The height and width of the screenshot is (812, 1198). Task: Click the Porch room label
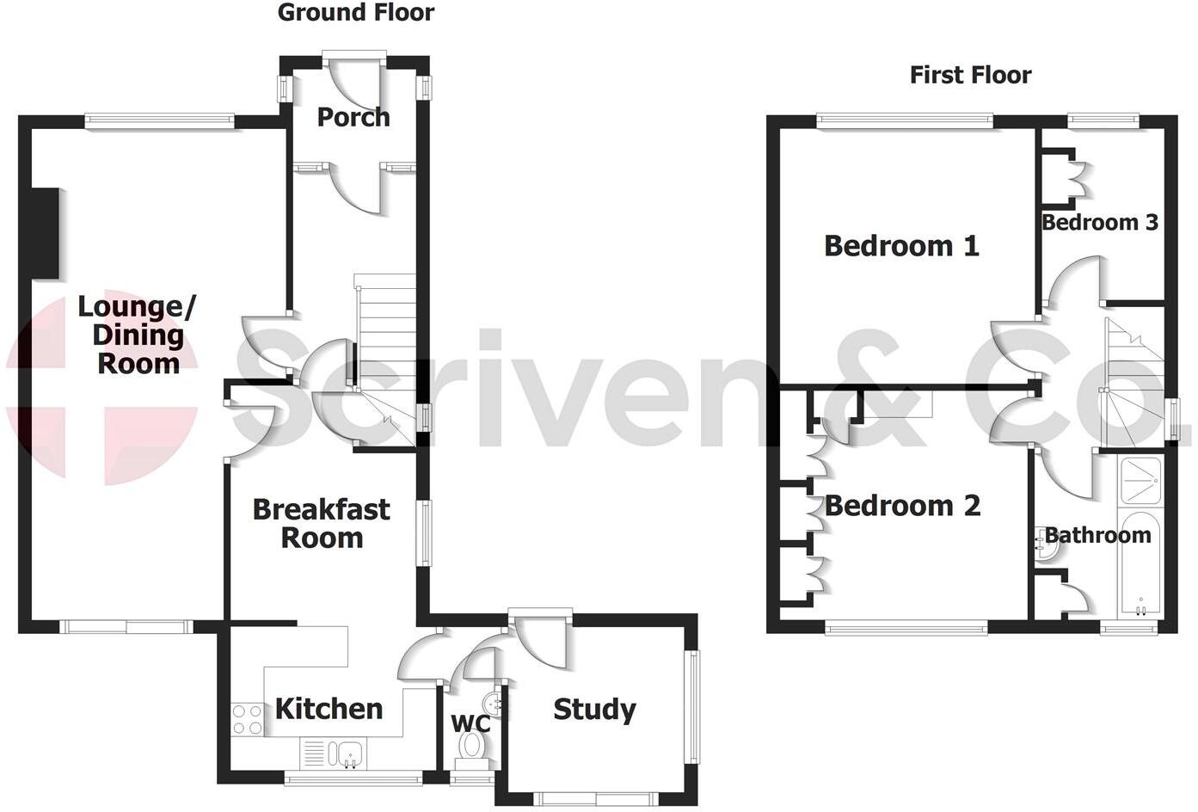point(353,117)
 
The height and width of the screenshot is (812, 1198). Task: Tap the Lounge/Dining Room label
point(138,335)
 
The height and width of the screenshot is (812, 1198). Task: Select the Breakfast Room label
point(322,523)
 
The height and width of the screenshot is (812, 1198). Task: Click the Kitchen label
point(329,709)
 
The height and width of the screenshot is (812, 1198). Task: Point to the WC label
point(470,723)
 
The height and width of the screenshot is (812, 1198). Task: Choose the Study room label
point(594,710)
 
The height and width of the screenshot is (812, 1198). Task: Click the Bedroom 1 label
point(901,246)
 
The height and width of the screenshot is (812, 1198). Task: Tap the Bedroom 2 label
point(902,505)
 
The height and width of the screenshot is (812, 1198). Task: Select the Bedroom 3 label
point(1100,222)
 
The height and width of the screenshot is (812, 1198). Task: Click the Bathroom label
point(1097,535)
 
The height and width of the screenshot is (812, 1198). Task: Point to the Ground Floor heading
point(356,12)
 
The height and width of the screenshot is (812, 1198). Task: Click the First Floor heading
point(970,75)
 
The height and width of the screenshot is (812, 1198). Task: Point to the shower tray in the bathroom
point(1140,482)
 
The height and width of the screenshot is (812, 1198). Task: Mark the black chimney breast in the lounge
point(46,233)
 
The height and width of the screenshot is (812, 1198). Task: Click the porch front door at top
point(354,77)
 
